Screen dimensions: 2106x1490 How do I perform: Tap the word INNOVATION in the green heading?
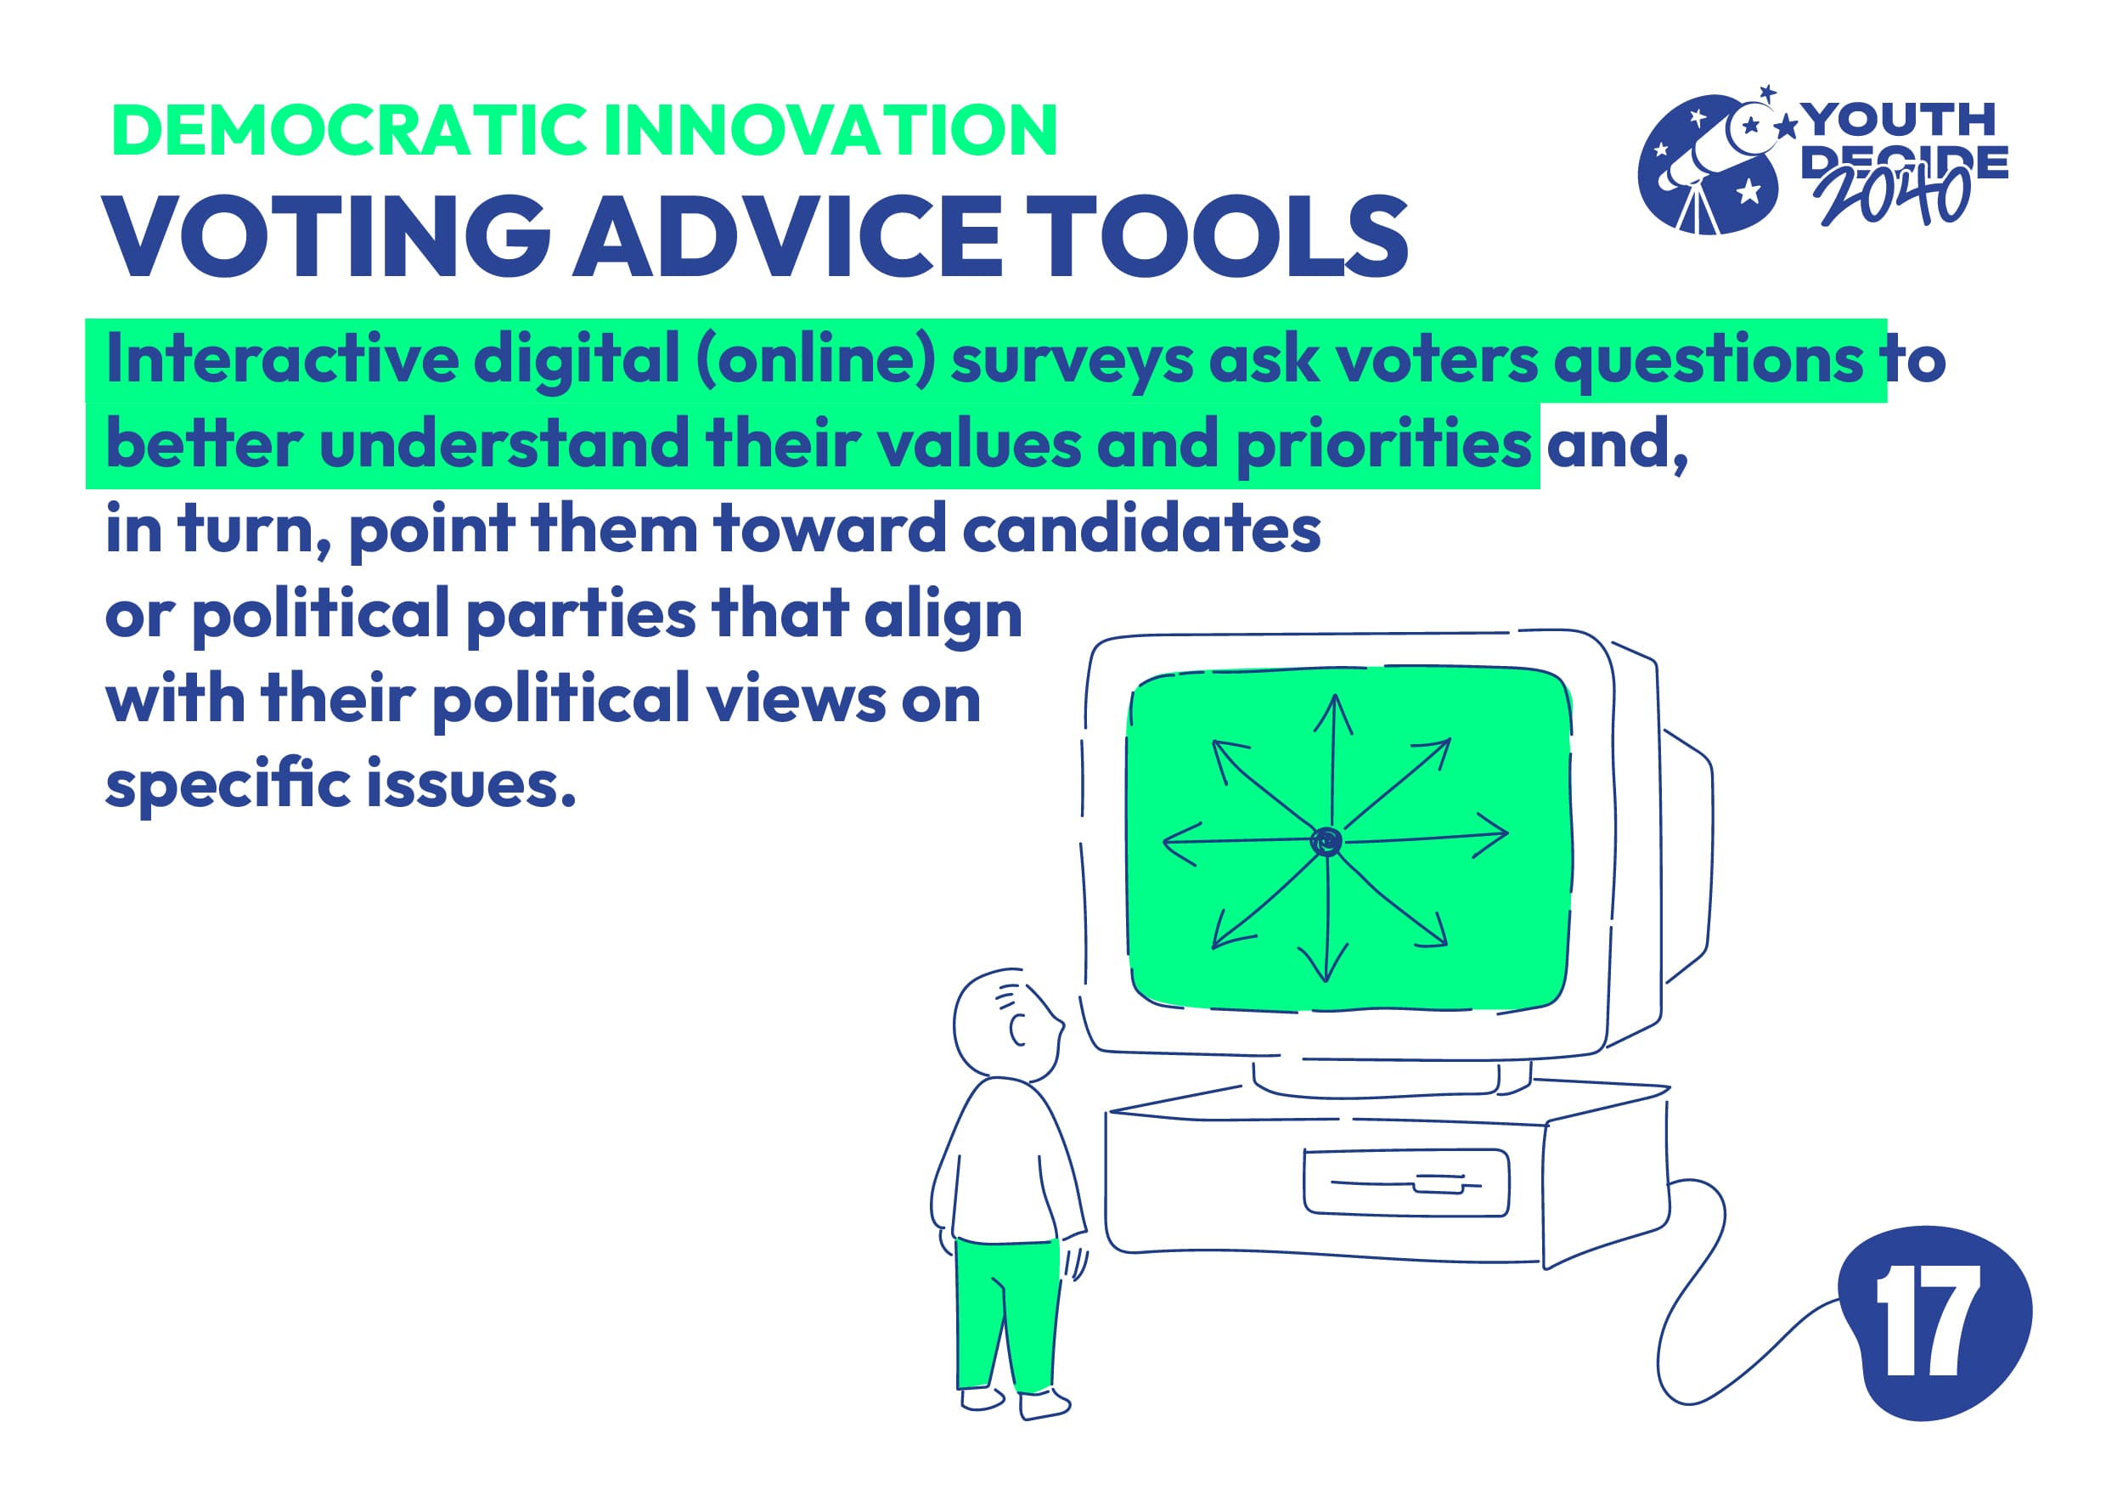tap(832, 129)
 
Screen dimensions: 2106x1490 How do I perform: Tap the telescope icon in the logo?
tap(1708, 165)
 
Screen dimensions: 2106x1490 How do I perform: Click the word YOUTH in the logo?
tap(1899, 120)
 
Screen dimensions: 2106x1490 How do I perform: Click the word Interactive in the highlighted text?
tap(282, 358)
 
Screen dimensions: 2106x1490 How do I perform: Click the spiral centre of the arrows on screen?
tap(1326, 841)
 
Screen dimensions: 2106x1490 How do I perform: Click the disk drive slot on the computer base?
tap(1406, 1183)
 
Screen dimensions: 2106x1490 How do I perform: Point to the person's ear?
tap(1017, 1030)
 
